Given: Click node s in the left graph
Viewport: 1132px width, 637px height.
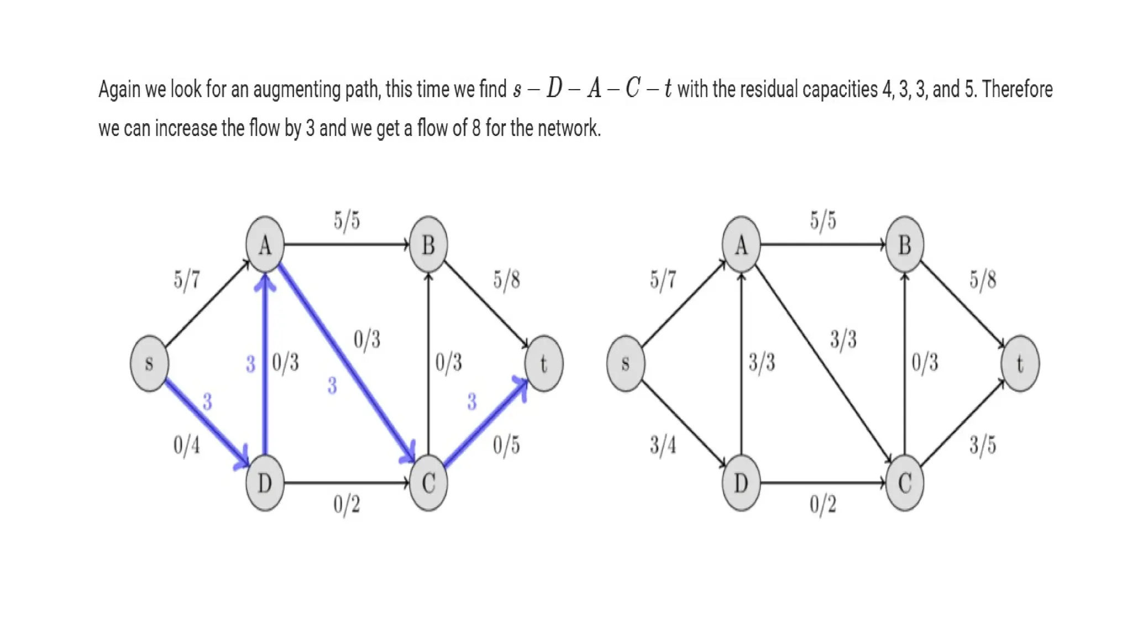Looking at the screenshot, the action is click(149, 363).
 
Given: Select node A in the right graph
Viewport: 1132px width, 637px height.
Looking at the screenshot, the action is click(741, 244).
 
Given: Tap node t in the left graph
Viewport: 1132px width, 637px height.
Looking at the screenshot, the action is click(544, 363).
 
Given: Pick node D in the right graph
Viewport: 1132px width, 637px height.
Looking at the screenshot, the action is click(741, 483).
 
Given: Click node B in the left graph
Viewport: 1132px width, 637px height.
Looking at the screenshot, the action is click(428, 244).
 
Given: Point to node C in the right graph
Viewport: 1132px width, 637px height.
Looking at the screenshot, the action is click(904, 483).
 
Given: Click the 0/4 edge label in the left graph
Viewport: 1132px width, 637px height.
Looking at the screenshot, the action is click(187, 445).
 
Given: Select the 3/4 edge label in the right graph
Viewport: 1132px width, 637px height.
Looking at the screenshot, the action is click(663, 445).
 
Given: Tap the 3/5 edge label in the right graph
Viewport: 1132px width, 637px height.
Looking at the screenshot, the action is click(983, 445).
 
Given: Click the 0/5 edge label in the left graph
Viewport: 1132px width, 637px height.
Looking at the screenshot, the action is click(506, 445).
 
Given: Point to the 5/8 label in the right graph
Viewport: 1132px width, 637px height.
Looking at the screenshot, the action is click(983, 280).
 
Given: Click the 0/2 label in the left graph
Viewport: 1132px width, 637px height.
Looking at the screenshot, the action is click(347, 504).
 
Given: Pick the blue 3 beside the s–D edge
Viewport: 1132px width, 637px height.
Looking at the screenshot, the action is click(207, 401).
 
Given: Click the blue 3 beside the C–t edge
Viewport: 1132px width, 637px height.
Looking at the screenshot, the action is click(471, 401).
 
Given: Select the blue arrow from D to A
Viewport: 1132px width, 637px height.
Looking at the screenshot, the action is click(265, 365).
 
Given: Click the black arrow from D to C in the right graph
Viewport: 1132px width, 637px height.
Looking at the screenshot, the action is click(822, 483).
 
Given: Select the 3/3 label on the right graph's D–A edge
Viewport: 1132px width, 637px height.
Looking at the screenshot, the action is click(762, 363).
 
